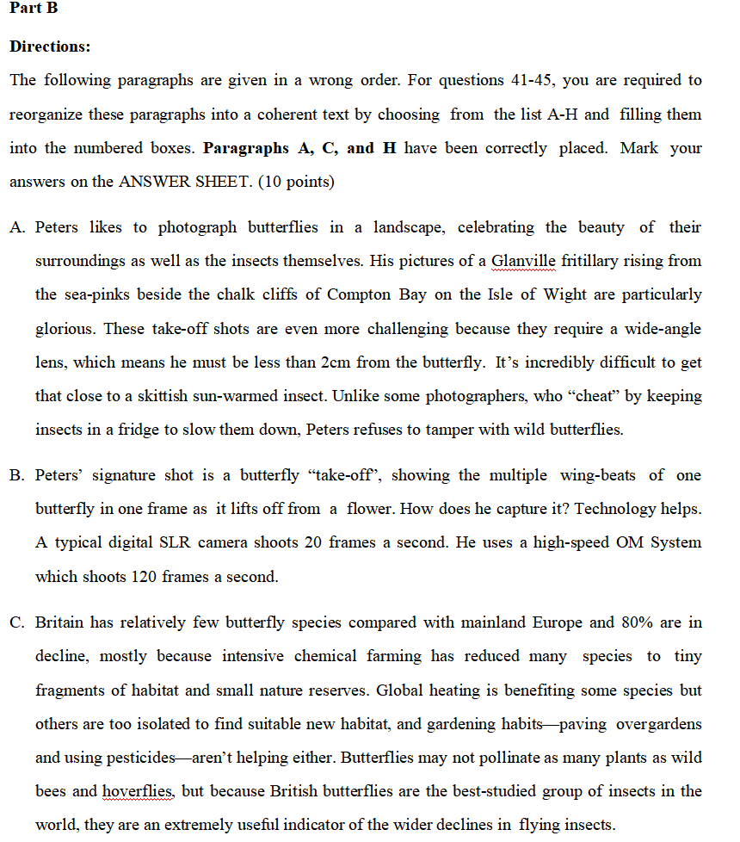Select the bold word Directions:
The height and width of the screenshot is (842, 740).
point(49,46)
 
